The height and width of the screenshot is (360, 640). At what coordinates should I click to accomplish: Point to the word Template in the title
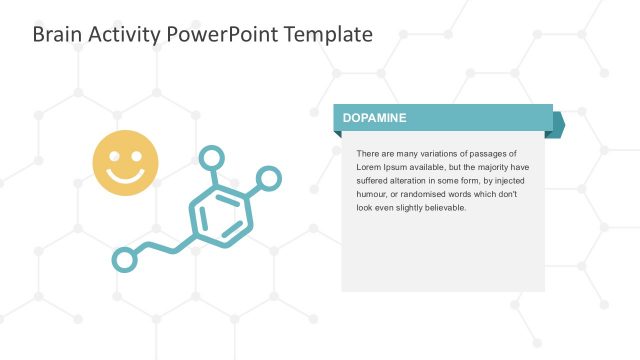coord(327,34)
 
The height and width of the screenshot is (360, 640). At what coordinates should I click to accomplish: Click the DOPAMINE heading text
coord(374,118)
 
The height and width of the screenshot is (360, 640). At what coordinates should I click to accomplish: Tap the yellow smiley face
coord(126,163)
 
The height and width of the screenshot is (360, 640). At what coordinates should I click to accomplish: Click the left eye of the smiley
coord(115,156)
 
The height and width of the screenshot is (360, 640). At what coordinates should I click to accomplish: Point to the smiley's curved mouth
coord(126,176)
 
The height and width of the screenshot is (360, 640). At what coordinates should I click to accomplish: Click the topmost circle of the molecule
coord(211,158)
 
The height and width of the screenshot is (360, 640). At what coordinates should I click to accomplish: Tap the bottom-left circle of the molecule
coord(124,260)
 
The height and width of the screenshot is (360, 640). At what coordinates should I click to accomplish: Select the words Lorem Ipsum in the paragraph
coord(380,167)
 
